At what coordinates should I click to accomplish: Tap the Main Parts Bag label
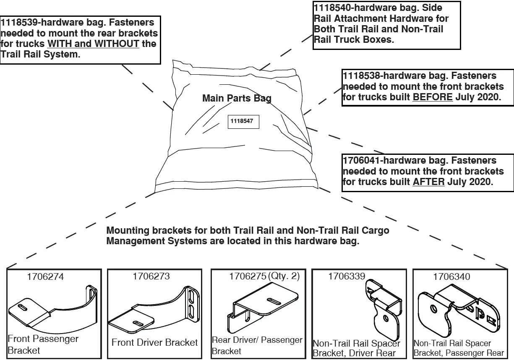pyautogui.click(x=237, y=98)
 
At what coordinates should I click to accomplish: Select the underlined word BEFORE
pyautogui.click(x=433, y=97)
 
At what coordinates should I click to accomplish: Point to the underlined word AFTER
pyautogui.click(x=428, y=182)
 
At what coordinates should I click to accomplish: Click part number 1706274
pyautogui.click(x=46, y=277)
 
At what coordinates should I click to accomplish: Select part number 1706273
pyautogui.click(x=151, y=277)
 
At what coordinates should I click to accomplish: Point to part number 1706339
pyautogui.click(x=347, y=277)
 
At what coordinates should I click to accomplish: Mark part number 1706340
pyautogui.click(x=451, y=277)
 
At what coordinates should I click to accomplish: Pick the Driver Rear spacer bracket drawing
pyautogui.click(x=383, y=308)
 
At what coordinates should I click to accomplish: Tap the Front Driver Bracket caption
pyautogui.click(x=154, y=342)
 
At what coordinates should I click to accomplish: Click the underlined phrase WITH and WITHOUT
pyautogui.click(x=93, y=44)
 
